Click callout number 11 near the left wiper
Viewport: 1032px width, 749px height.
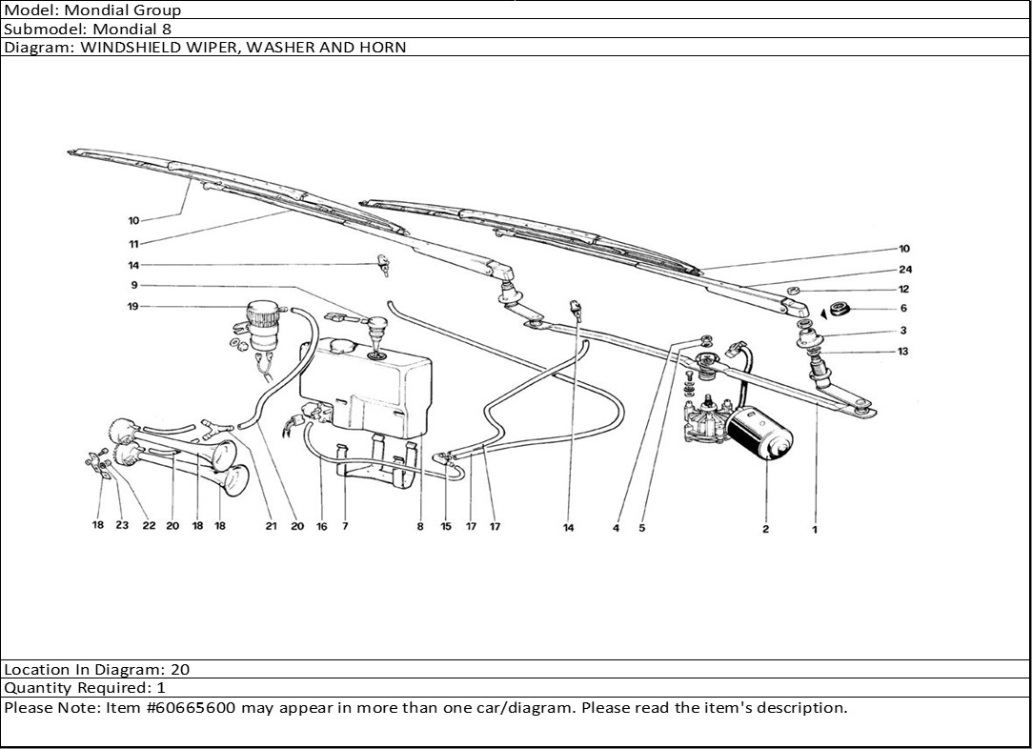134,244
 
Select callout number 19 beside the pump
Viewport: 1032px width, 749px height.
134,306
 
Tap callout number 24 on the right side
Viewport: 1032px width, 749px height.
904,270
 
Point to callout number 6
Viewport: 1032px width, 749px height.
903,308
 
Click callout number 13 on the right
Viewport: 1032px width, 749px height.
903,352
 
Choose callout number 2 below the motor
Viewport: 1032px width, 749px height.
765,529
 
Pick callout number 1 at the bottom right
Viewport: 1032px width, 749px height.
815,529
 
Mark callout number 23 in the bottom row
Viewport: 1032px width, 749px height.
122,526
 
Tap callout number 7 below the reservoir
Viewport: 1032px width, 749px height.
345,526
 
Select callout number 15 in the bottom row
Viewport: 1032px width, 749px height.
446,526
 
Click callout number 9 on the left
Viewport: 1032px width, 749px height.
134,285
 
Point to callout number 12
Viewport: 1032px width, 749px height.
903,289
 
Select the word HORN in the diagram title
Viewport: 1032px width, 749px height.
385,47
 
